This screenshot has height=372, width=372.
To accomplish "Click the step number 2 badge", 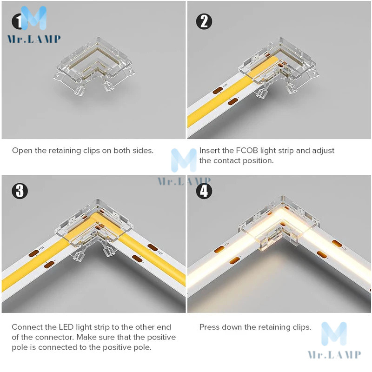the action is pos(204,21).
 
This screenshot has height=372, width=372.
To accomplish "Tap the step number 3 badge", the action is pos(20,191).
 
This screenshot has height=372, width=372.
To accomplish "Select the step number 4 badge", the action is pos(204,191).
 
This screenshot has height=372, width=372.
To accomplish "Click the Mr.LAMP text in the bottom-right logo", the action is pos(334,354).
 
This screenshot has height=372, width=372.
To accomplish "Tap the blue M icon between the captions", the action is pos(184,160).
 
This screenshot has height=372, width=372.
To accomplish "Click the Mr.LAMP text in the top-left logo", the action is pos(34,39).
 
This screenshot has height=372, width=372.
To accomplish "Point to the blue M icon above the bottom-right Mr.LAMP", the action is pos(334,334).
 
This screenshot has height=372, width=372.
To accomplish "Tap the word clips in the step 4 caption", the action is pos(301,327).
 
